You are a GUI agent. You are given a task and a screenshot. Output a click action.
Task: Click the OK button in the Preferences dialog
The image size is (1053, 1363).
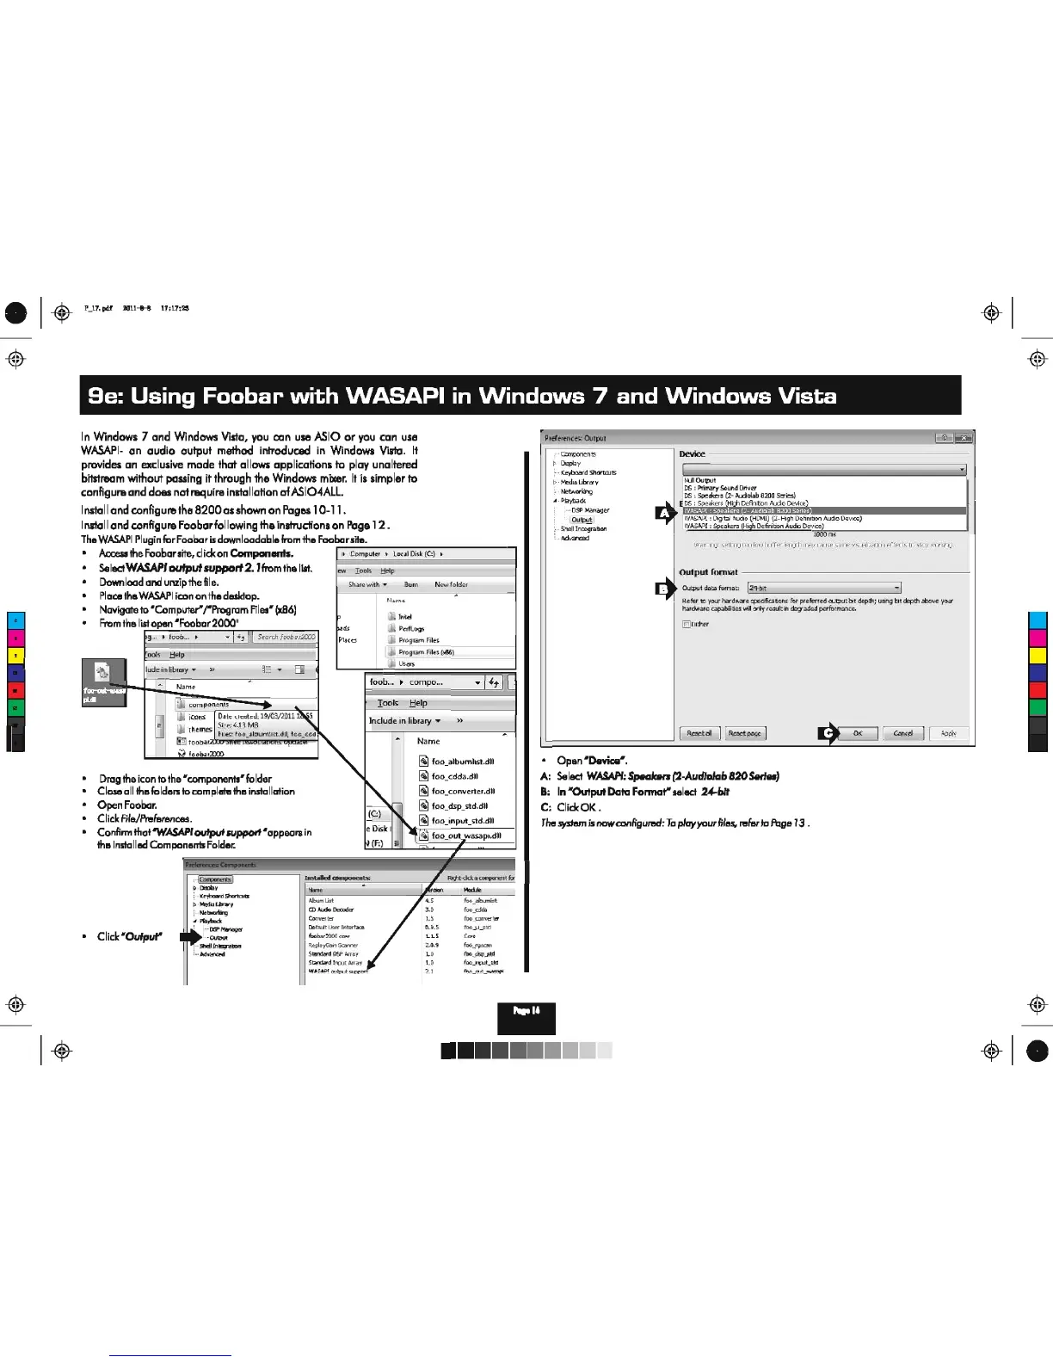pos(857,733)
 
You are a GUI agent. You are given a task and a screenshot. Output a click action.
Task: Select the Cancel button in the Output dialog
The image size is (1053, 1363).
pos(902,733)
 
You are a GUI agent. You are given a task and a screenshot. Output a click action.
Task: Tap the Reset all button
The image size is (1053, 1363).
pos(699,733)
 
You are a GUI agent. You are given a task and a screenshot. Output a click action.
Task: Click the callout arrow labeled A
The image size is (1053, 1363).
pos(665,514)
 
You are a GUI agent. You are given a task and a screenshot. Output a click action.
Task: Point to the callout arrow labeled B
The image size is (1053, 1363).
pos(665,589)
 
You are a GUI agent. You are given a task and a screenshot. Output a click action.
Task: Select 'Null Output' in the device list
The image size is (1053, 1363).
pos(700,480)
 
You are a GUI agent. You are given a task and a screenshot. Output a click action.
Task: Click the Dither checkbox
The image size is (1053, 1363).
pos(686,624)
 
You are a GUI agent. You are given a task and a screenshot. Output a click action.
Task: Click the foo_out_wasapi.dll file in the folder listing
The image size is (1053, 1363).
pos(465,836)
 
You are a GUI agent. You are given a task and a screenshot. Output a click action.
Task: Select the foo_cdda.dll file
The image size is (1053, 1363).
pos(454,776)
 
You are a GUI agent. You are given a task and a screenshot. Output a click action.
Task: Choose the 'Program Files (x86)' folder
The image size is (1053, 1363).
pos(426,652)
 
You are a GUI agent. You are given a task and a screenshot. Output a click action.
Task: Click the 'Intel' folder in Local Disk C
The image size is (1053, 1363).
pos(405,617)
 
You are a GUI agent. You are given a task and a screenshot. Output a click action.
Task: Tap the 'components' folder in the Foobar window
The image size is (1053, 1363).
pos(208,704)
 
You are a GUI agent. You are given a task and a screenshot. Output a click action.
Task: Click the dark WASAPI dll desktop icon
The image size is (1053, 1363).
pos(103,681)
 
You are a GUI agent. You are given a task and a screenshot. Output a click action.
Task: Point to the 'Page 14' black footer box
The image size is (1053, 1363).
pos(526,1018)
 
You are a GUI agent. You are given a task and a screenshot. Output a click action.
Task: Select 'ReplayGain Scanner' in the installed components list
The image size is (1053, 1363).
pos(333,945)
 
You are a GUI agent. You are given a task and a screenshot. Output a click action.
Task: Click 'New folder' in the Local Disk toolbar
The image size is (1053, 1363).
pos(451,584)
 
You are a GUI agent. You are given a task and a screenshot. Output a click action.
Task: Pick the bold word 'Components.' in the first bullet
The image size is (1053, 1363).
pos(262,553)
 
